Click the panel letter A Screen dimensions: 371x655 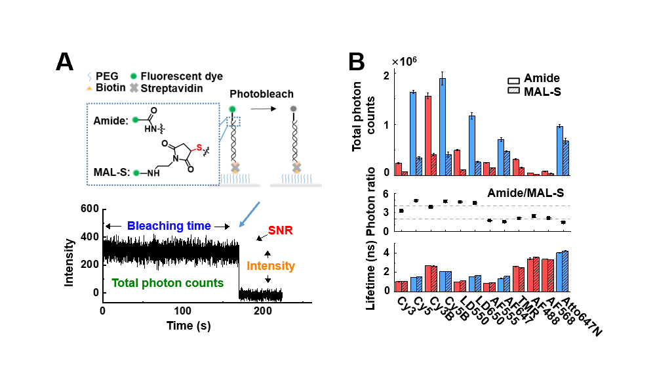(x=64, y=61)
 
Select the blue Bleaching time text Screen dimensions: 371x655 (x=169, y=226)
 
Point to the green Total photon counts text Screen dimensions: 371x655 (x=167, y=284)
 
